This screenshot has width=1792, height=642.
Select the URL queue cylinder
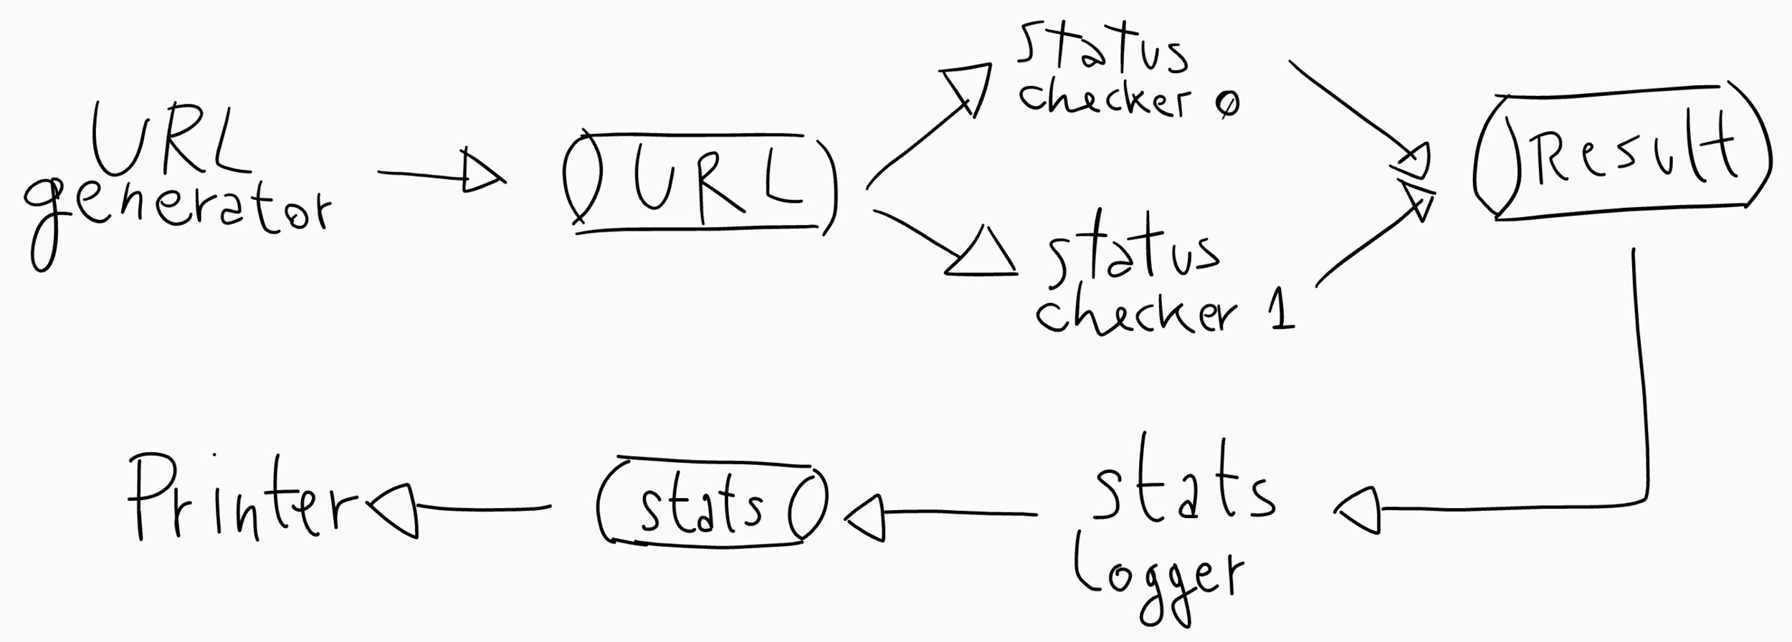tap(699, 183)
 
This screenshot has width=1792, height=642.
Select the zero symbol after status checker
tap(1226, 105)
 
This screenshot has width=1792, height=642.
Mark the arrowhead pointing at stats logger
tap(1358, 509)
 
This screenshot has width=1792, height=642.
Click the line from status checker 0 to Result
tap(1348, 107)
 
